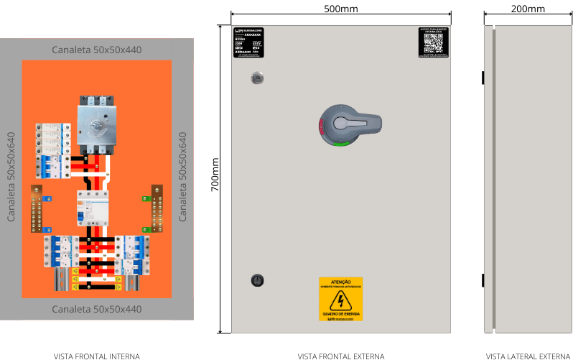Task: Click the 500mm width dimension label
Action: tap(340, 9)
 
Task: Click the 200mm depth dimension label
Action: tap(528, 9)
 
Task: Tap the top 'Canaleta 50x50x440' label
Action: tap(97, 50)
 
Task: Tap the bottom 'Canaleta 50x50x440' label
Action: tap(97, 309)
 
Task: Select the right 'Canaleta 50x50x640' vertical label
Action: tap(182, 177)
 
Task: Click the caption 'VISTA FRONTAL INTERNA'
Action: tap(97, 356)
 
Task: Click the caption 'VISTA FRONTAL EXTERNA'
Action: tap(341, 356)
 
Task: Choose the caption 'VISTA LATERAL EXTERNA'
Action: tap(528, 356)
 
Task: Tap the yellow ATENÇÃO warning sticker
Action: tap(340, 298)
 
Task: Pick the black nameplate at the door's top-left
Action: tap(249, 42)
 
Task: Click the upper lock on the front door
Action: tap(256, 78)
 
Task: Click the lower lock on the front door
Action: tap(256, 280)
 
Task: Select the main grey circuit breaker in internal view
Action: tap(96, 126)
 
